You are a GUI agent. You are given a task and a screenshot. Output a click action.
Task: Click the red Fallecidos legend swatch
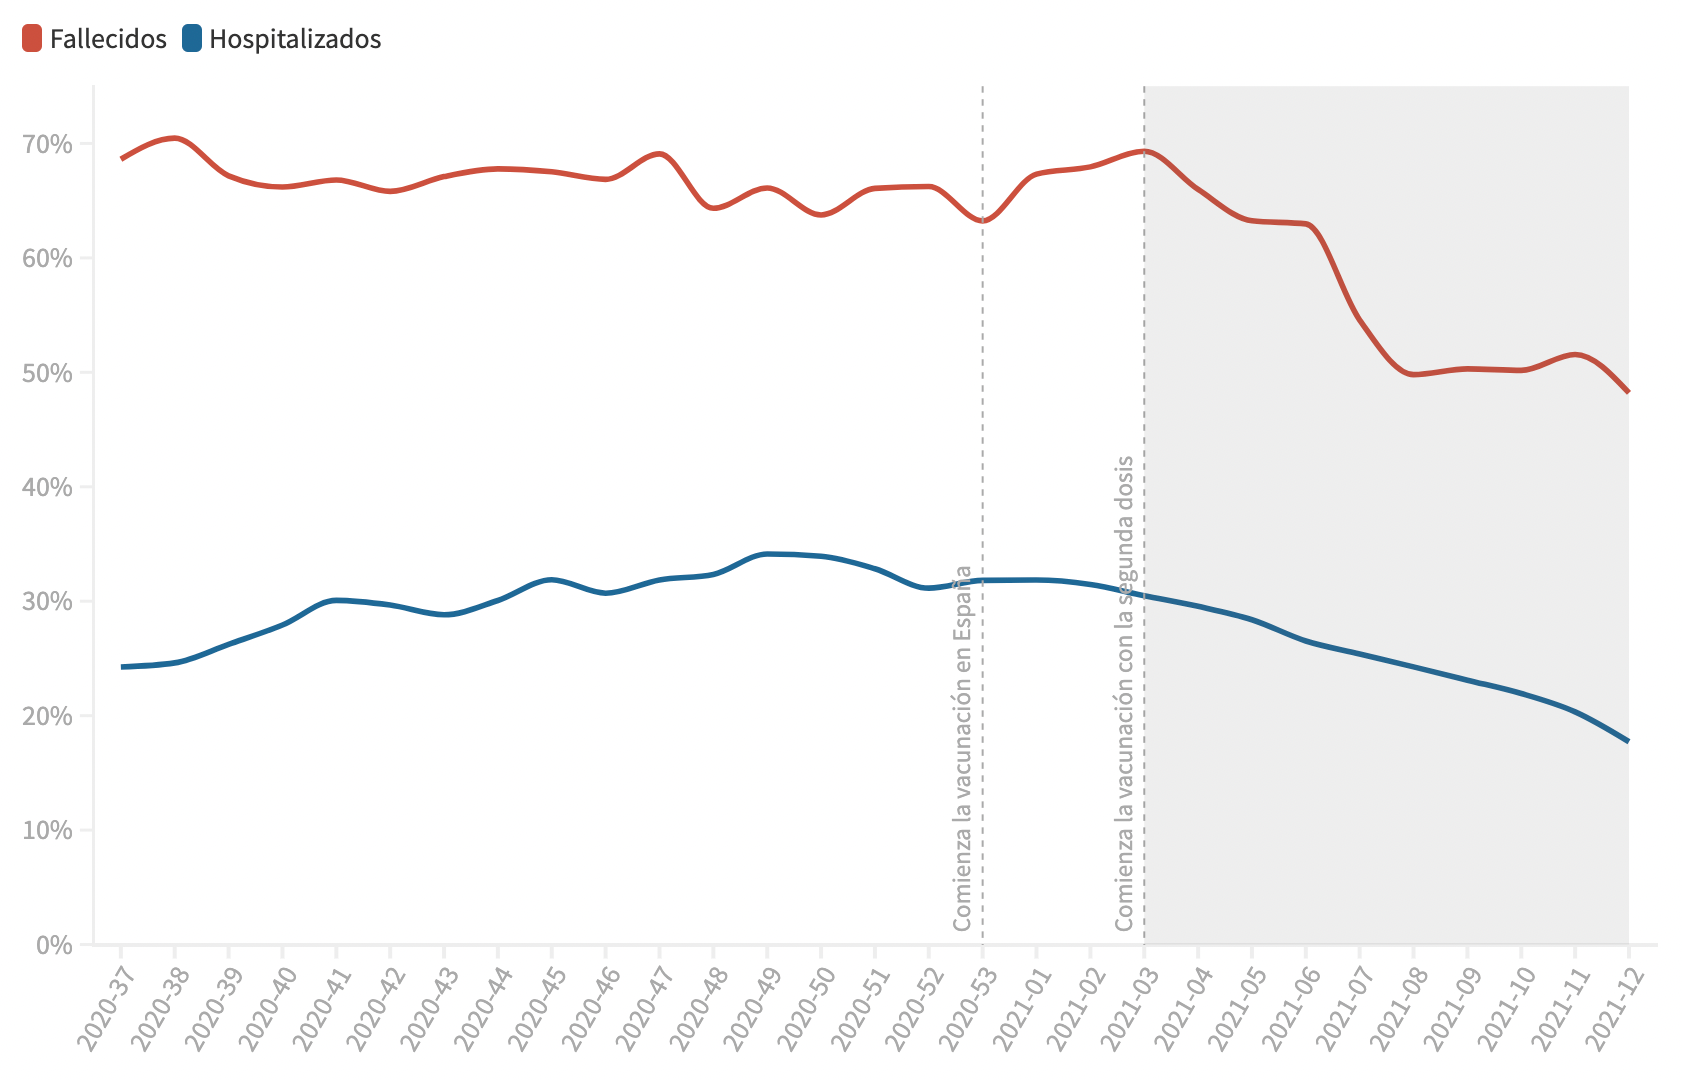32,39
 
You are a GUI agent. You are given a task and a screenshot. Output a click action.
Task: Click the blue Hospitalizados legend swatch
191,39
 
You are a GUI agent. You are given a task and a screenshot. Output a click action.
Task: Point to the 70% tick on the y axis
47,144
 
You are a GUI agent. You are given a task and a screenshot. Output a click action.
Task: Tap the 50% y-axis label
47,373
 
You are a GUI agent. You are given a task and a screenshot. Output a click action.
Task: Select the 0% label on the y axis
54,945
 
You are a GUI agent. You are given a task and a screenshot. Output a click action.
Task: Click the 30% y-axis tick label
47,602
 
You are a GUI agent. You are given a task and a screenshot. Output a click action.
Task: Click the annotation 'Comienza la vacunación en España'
962,748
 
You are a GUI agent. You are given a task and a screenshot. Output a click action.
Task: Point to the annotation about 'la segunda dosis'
1125,693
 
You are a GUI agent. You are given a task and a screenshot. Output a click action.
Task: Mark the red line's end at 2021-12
1628,391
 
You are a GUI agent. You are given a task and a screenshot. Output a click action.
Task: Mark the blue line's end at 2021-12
1628,741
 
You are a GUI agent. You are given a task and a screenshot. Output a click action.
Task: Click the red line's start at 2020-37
122,158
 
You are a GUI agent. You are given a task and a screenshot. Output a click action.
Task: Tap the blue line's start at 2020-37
122,667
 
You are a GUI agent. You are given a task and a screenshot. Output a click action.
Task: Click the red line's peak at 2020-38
175,138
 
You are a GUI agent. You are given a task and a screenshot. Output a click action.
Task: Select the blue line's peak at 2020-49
767,554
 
